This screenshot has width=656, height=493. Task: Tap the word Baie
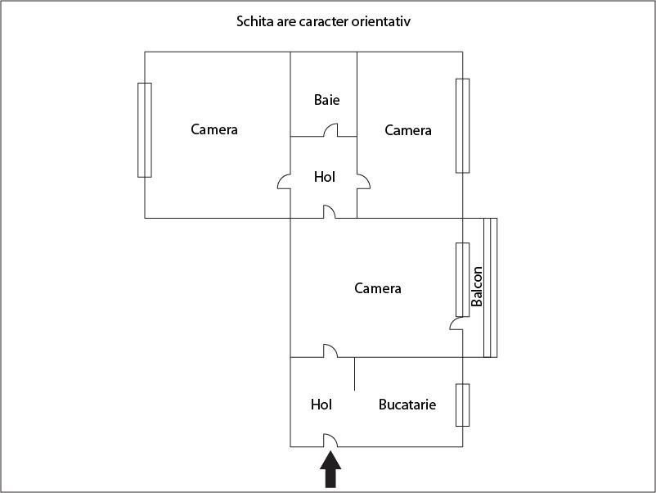point(326,100)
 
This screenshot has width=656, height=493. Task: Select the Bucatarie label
point(407,405)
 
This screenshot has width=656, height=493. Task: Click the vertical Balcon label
point(477,287)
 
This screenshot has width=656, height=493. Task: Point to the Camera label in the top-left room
point(214,129)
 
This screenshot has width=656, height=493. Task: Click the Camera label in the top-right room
point(408,130)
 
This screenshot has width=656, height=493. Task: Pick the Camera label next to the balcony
point(378,288)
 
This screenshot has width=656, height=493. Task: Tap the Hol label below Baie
point(325,176)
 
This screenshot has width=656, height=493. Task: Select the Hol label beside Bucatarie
point(321,405)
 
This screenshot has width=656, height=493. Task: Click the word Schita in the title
point(253,21)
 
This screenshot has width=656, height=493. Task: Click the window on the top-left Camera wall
point(145,129)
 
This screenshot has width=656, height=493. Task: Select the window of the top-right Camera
point(463,125)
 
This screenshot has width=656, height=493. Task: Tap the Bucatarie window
point(463,405)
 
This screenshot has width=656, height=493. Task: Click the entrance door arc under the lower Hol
point(330,440)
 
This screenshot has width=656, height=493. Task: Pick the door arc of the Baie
point(330,130)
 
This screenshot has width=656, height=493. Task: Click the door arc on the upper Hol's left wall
point(285,182)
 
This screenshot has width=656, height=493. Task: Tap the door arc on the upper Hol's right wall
point(363,182)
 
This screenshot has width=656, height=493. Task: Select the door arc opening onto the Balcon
point(456,323)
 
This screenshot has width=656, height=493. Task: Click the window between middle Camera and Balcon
point(463,278)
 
